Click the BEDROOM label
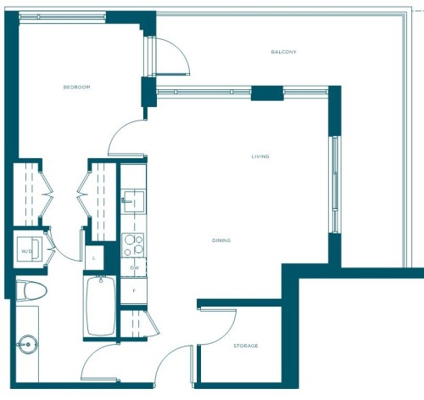(76, 87)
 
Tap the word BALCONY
(283, 53)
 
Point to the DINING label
(221, 240)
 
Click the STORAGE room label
(245, 346)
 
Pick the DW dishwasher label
(134, 268)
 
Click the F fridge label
(133, 290)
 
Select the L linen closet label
(93, 257)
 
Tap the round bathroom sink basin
(27, 346)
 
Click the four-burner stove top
(133, 245)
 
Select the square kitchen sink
(132, 202)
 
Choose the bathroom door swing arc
(100, 362)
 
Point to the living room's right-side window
(336, 184)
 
